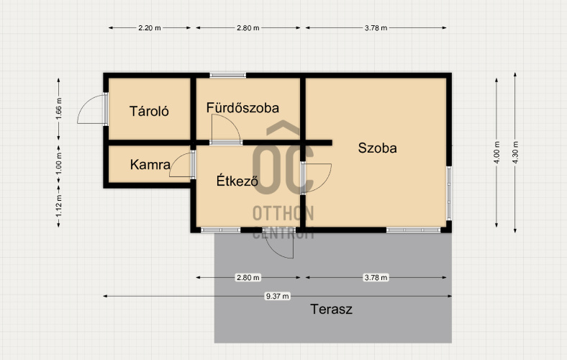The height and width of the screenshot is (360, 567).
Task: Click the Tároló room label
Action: click(149, 111)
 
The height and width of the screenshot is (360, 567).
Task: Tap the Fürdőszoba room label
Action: click(242, 108)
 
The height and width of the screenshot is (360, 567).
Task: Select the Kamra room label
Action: click(150, 165)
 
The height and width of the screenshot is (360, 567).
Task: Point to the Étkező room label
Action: click(237, 180)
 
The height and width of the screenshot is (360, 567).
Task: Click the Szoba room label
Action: click(377, 148)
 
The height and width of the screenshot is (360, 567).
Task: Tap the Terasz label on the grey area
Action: click(331, 310)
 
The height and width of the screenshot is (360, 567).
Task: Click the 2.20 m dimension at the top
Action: click(150, 28)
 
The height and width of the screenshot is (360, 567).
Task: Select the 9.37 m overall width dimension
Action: click(277, 297)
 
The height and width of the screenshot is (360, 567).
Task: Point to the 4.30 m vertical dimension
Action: click(515, 153)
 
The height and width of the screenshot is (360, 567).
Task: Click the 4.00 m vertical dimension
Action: click(496, 153)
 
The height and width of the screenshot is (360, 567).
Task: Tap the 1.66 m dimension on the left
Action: click(59, 109)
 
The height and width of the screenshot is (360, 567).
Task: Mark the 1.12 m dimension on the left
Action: click(58, 206)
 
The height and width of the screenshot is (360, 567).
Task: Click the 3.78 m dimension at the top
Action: click(376, 28)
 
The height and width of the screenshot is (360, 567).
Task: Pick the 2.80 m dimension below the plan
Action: click(248, 277)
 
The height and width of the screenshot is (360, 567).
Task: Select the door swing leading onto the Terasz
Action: click(279, 243)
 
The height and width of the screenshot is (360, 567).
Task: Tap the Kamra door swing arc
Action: click(180, 165)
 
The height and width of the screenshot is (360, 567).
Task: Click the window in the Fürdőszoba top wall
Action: click(228, 76)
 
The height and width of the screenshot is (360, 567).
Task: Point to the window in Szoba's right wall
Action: click(449, 193)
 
